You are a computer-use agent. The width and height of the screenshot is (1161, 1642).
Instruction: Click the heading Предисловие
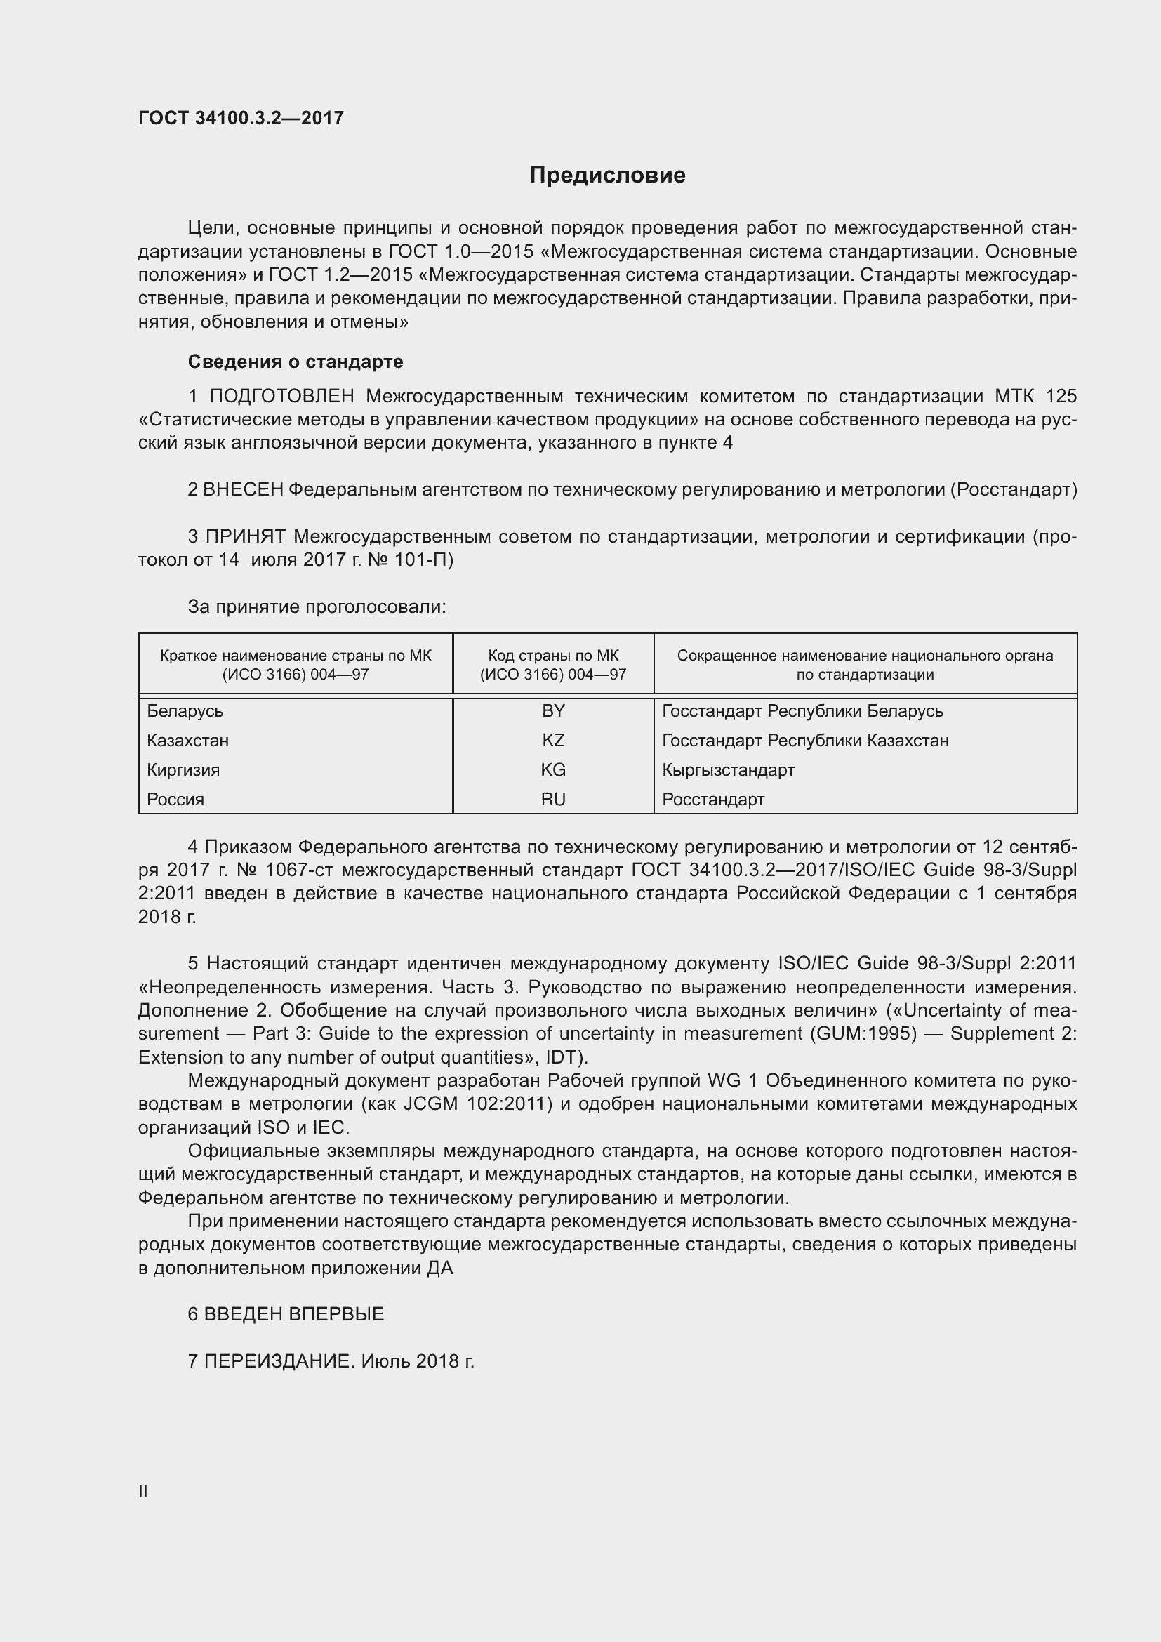click(607, 176)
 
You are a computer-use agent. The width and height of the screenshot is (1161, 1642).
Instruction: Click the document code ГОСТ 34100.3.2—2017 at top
click(241, 118)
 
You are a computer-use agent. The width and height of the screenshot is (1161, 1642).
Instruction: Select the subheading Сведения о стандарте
click(296, 362)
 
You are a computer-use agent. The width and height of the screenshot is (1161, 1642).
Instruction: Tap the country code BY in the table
click(553, 711)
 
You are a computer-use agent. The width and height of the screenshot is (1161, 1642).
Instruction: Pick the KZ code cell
click(553, 740)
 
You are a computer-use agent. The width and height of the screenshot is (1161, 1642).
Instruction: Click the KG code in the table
click(553, 769)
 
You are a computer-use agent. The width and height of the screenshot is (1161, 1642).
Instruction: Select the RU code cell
click(553, 800)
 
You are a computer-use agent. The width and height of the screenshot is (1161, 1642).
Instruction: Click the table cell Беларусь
click(185, 711)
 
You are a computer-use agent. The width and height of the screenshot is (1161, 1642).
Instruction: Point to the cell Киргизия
click(183, 770)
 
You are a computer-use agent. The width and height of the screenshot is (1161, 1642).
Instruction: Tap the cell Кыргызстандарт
click(728, 770)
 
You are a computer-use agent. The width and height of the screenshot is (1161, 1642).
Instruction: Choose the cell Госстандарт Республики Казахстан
click(805, 740)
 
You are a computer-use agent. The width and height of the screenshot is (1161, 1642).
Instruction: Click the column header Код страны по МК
click(553, 656)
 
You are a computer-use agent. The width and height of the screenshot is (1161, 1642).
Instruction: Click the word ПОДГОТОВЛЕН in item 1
click(281, 396)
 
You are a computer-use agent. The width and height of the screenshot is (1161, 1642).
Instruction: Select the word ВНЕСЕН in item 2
click(243, 490)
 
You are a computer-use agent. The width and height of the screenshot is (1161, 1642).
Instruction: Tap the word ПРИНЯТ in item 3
click(246, 536)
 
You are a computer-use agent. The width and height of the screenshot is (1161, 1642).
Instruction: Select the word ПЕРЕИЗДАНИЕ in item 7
click(279, 1361)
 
